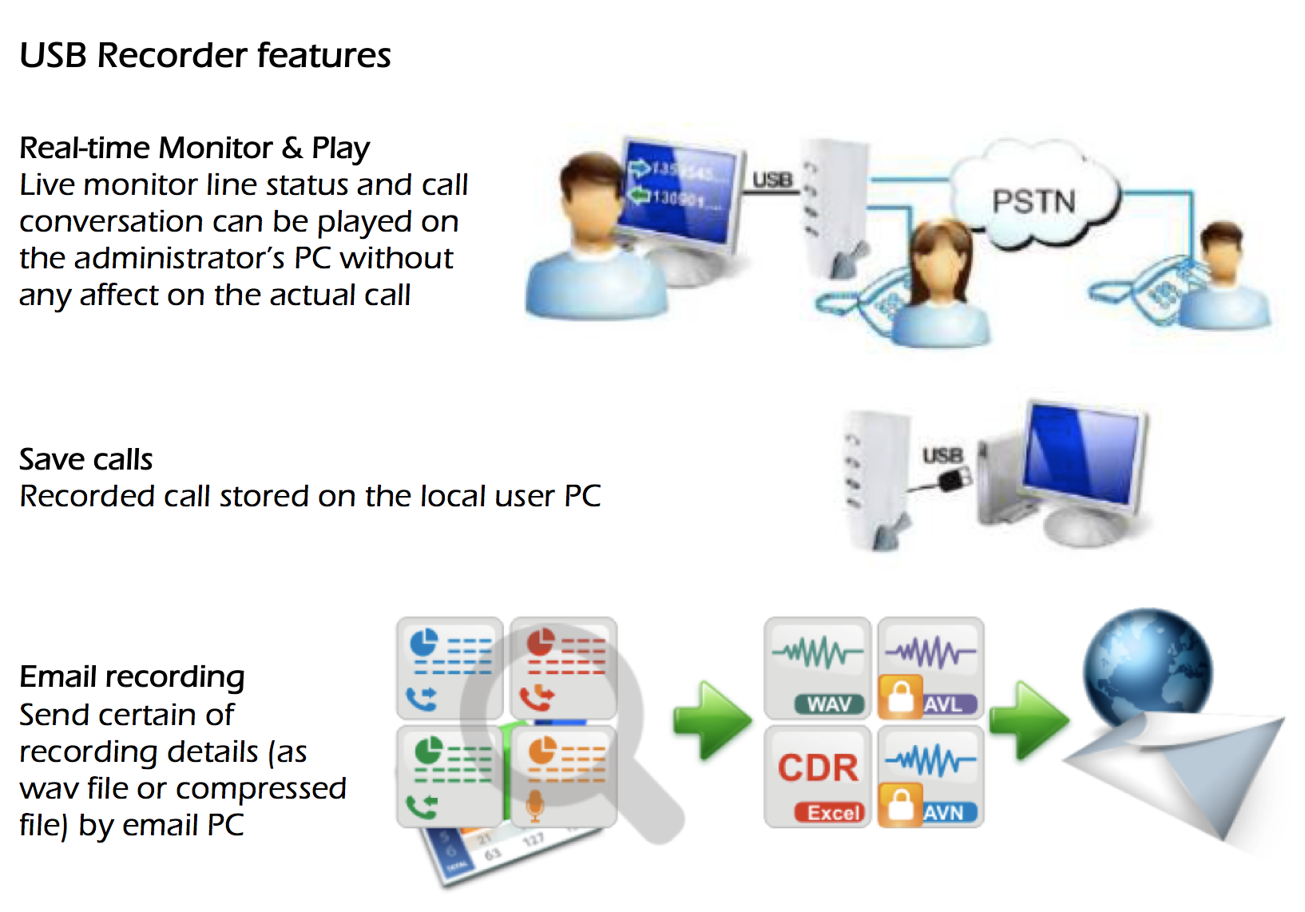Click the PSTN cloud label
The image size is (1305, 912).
tap(1033, 201)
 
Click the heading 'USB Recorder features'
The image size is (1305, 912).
tap(205, 55)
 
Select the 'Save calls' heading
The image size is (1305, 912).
tap(86, 459)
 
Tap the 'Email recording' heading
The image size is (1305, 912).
tap(132, 676)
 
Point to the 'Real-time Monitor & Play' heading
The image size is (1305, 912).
tap(195, 148)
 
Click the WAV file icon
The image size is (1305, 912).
tap(817, 668)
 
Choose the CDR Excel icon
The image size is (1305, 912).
tap(817, 776)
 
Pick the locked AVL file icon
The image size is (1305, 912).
tap(930, 668)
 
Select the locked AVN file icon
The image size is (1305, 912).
tap(930, 776)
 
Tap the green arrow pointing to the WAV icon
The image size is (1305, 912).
tap(711, 719)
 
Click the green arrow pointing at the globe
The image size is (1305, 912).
tap(1028, 719)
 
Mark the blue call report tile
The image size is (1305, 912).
tap(450, 668)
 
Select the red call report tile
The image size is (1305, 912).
tap(564, 668)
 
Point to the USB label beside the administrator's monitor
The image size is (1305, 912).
tap(772, 180)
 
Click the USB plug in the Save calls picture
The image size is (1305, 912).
tap(954, 480)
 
